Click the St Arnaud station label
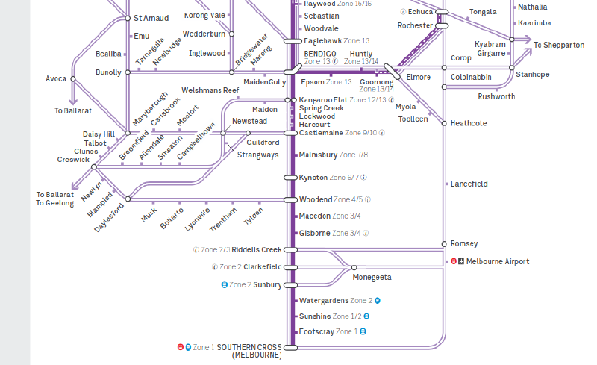[151, 18]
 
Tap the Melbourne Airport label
[497, 262]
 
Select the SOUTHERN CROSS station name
[249, 348]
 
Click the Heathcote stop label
[469, 123]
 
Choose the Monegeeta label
[372, 278]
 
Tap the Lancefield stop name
[469, 184]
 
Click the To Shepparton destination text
[559, 46]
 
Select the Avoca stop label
[56, 78]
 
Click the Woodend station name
[315, 200]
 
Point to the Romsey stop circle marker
[444, 244]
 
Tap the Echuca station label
[420, 12]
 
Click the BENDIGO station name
[320, 54]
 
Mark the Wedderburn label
[204, 34]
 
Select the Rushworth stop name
[496, 96]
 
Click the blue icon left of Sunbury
[224, 285]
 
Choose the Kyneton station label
[313, 178]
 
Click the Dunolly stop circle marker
[128, 72]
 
